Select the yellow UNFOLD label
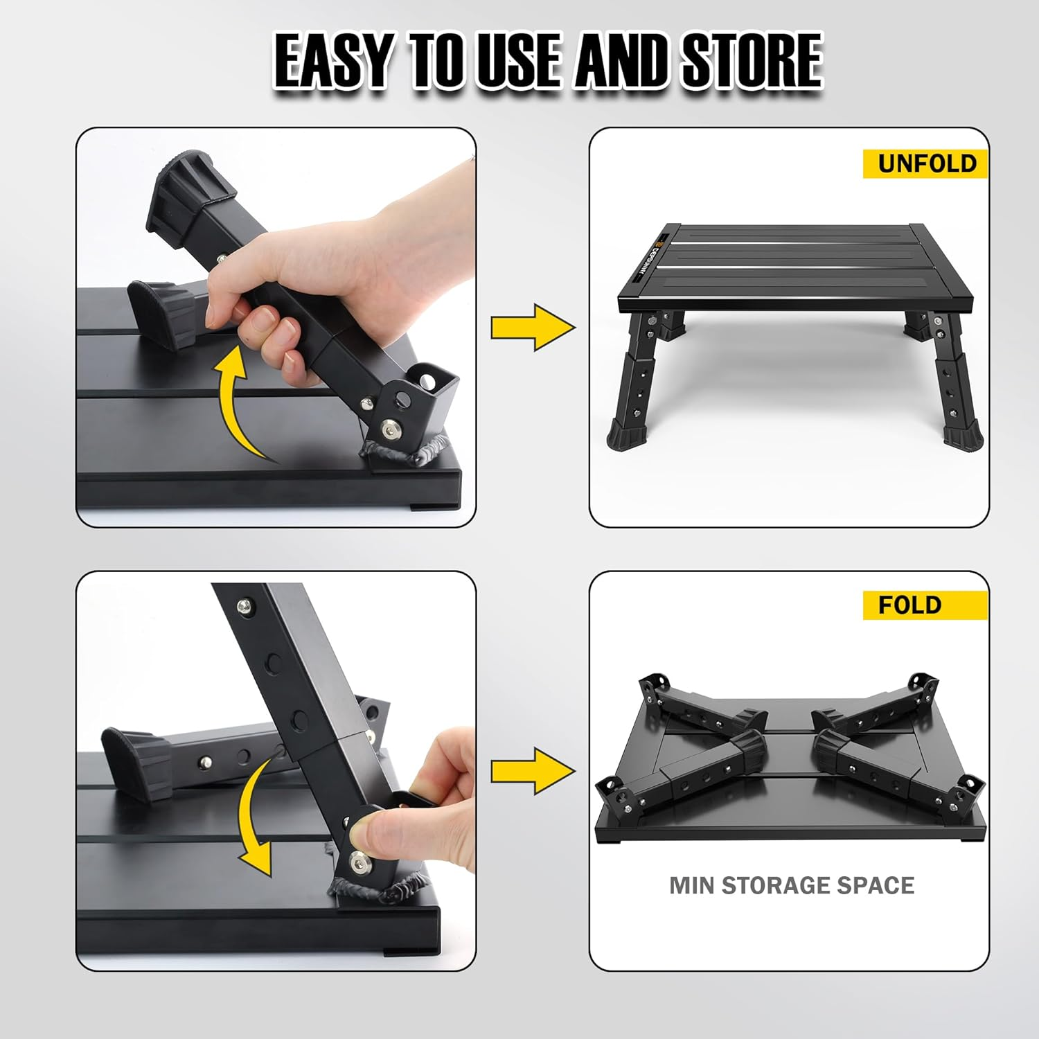point(925,163)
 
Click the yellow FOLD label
point(909,605)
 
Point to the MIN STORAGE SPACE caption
point(791,885)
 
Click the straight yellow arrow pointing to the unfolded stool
point(533,327)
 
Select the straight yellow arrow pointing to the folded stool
point(533,770)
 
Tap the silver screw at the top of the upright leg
point(244,607)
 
